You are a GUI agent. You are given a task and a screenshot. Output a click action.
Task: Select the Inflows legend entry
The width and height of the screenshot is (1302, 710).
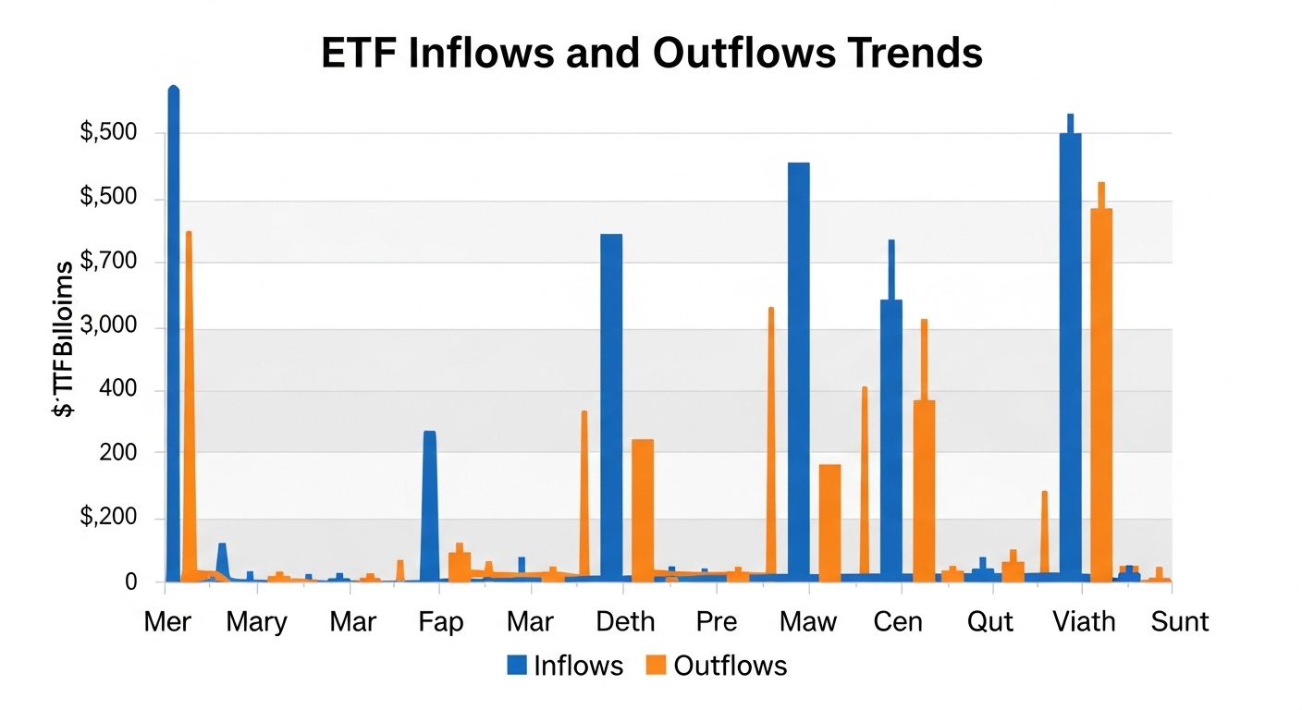pos(565,666)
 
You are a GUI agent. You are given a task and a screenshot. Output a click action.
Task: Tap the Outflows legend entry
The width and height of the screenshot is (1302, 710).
pos(716,666)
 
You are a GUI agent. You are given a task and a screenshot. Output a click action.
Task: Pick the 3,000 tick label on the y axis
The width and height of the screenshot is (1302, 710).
pos(109,327)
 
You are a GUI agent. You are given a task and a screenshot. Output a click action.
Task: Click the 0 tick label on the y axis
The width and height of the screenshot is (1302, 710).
pos(130,582)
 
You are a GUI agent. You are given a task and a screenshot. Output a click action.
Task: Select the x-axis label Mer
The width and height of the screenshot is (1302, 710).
pos(167,622)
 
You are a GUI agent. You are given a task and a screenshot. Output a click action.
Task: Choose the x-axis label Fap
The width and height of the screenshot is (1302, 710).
pos(440,622)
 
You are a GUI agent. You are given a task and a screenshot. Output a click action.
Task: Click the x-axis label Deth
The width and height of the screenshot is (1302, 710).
pos(625,622)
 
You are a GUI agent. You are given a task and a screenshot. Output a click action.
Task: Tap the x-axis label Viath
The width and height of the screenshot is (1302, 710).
pos(1084,622)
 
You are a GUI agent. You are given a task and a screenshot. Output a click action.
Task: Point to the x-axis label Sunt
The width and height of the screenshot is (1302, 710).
pos(1179,622)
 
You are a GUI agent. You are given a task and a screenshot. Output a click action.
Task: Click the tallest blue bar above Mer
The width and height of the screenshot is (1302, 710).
pos(173,333)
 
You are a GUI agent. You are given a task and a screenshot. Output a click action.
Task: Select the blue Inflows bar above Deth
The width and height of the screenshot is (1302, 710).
pos(611,407)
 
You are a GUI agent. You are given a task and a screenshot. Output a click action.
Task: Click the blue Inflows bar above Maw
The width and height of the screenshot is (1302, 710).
pos(798,370)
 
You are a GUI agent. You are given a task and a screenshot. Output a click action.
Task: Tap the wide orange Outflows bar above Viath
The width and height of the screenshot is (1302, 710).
pos(1101,393)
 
